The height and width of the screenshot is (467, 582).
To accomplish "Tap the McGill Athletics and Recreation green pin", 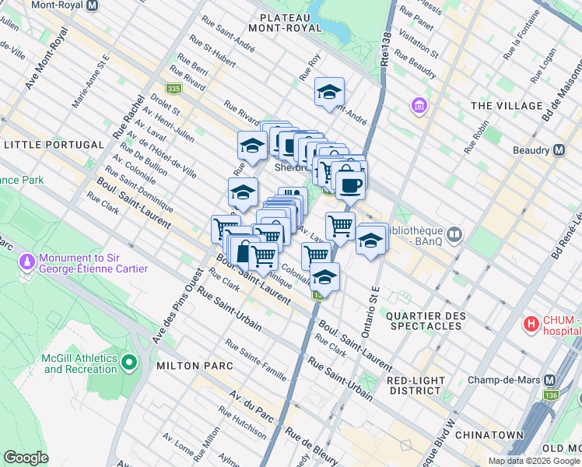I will point(129,363).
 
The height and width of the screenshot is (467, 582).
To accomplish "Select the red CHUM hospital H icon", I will point(531,323).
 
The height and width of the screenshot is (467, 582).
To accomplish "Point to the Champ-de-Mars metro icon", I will point(551,380).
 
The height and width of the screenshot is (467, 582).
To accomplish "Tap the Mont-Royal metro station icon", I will point(93,5).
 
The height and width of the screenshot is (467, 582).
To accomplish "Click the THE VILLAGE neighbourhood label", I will point(507,106).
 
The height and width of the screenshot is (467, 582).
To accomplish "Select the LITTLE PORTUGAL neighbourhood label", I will point(54,145).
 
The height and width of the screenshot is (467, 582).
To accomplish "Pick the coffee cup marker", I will point(350,185).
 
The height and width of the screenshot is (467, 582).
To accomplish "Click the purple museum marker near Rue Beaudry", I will point(420,104).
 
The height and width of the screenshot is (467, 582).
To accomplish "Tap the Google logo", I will point(26,458).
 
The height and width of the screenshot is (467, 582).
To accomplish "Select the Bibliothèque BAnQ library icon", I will point(454,233).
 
